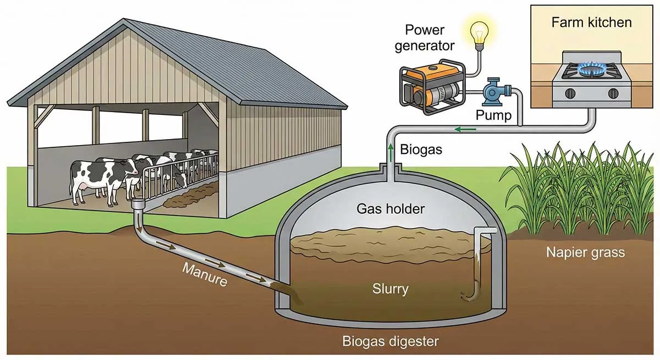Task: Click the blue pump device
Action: coord(496,93)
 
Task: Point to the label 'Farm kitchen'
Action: coord(591,23)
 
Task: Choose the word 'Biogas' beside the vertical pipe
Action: coord(421,149)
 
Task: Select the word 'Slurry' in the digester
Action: coord(391,288)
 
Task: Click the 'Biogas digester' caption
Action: coord(391,341)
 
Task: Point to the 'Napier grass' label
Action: coord(586,252)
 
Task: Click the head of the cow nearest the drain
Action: coord(131,166)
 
